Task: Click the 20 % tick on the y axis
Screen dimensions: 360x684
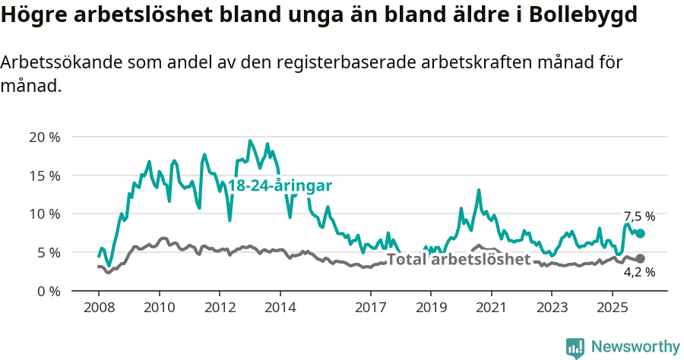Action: tap(44, 137)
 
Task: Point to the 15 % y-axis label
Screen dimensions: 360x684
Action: tap(44, 175)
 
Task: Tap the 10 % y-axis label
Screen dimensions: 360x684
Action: tap(44, 214)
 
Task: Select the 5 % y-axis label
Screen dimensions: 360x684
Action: tap(48, 252)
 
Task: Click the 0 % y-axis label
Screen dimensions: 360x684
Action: tap(48, 291)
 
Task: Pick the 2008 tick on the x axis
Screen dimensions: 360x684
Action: tap(99, 308)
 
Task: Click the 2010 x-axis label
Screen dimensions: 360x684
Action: tap(159, 308)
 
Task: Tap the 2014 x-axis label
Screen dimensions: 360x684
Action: tap(280, 308)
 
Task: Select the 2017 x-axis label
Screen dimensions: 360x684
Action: tap(370, 308)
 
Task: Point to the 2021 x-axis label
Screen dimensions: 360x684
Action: tap(491, 308)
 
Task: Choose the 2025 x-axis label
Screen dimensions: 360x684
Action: tap(612, 308)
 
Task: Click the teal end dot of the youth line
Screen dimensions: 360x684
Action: tap(640, 234)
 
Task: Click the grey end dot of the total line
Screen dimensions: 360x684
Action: tap(640, 259)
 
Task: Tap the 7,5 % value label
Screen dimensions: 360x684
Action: tap(639, 216)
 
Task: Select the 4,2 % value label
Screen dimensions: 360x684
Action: tap(639, 272)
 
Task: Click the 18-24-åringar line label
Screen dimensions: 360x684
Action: tap(280, 186)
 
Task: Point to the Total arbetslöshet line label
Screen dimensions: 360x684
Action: tap(458, 260)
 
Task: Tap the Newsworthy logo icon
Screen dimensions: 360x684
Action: tap(575, 348)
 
